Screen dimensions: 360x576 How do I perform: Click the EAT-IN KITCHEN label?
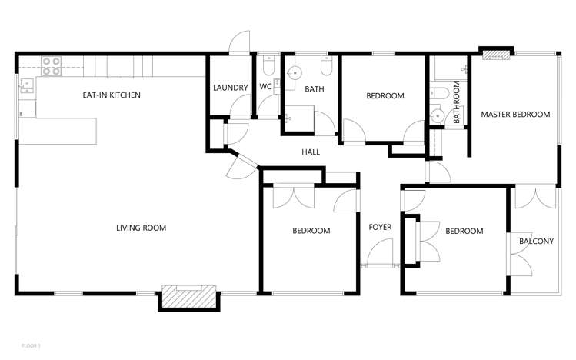pos(112,95)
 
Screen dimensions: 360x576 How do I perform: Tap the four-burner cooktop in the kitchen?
pos(51,66)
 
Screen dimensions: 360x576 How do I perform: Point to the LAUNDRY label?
pos(229,87)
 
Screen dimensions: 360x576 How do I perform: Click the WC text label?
pos(265,87)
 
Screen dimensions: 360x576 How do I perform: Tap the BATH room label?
pos(315,89)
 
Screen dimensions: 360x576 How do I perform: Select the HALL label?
pos(311,152)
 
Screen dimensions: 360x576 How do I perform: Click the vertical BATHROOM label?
pos(456,103)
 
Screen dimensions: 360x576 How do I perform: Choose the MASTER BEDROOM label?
pos(515,115)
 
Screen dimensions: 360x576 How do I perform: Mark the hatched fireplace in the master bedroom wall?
pos(496,53)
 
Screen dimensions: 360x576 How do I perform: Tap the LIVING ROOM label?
pos(141,228)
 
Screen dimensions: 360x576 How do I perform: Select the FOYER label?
pos(380,227)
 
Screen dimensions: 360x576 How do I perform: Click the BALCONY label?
pos(536,242)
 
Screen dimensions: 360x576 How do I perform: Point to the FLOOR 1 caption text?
pos(30,347)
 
